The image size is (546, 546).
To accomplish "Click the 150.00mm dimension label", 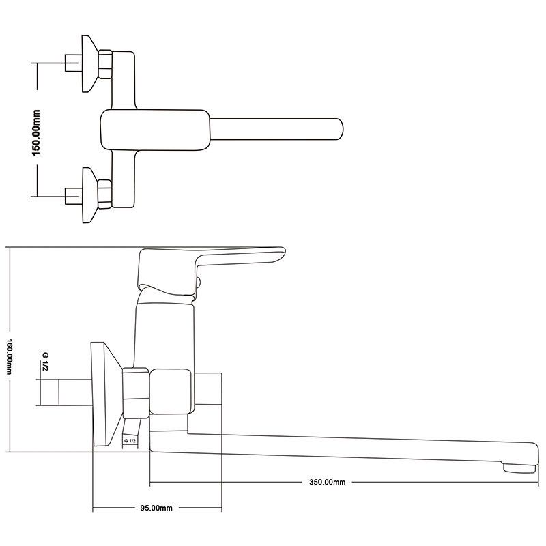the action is tap(36, 132).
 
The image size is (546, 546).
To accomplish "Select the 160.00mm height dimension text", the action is tap(10, 357).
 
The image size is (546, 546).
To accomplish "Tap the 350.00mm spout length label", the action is tap(328, 483).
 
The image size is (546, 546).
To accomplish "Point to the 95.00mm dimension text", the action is tap(156, 508).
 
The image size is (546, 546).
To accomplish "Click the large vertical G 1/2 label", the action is tap(45, 362).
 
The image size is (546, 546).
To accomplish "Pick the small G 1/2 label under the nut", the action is tap(130, 440).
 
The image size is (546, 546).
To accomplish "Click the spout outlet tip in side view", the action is tap(519, 468).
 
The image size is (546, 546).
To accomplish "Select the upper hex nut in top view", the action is tap(105, 64).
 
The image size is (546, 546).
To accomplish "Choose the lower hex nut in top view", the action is tap(105, 194).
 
